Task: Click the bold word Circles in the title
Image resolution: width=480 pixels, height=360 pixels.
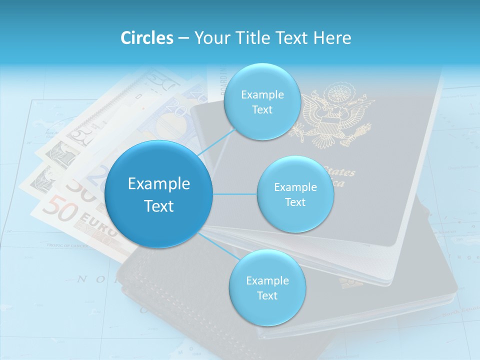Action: click(146, 38)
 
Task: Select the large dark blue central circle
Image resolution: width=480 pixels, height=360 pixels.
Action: click(159, 194)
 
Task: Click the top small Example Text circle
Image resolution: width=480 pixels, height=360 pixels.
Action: click(262, 102)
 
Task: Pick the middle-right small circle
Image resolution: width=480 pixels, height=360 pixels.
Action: click(295, 194)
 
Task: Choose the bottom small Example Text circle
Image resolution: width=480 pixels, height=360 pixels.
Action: click(267, 288)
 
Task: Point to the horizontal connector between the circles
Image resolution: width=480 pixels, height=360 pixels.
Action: click(235, 194)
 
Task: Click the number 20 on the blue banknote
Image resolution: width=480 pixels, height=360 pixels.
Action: click(175, 107)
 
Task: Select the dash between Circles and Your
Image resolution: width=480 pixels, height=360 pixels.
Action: click(183, 38)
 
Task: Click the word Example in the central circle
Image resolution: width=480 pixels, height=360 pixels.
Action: click(159, 184)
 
